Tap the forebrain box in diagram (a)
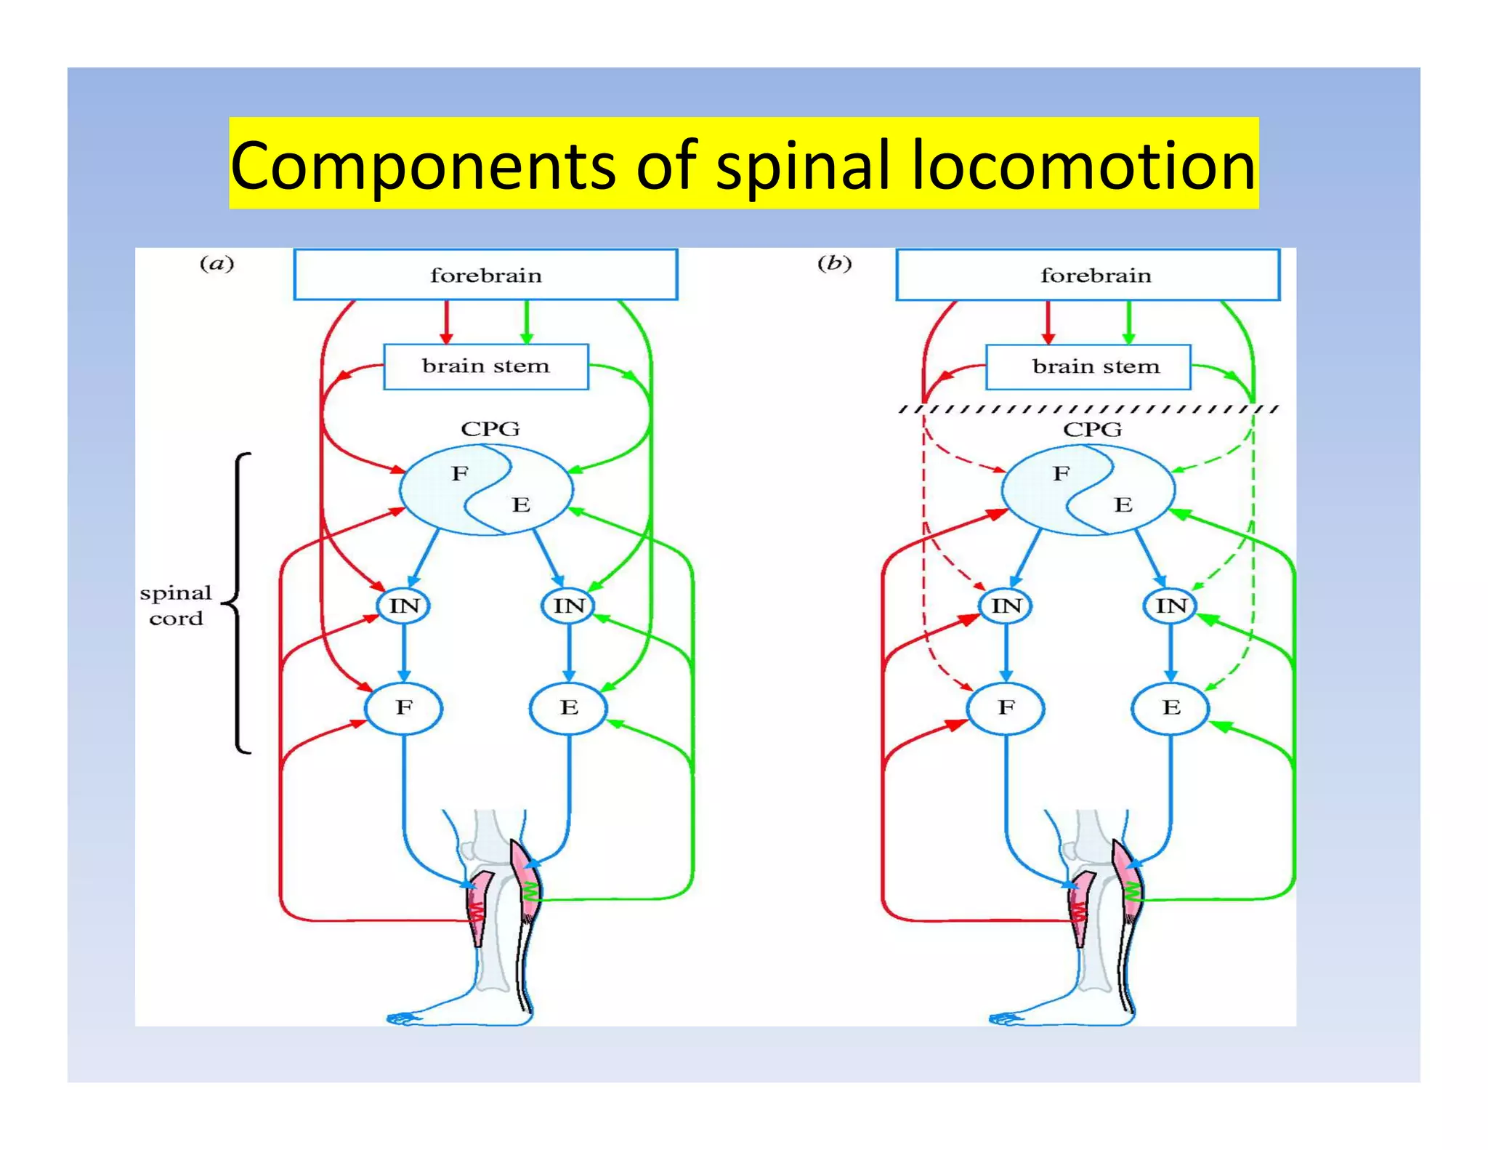click(x=485, y=275)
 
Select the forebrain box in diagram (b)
click(x=1088, y=275)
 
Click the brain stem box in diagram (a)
click(x=485, y=366)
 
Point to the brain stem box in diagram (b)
click(x=1088, y=366)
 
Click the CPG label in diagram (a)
click(x=490, y=429)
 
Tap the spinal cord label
click(x=176, y=606)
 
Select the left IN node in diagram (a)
click(x=404, y=606)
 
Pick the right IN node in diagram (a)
click(x=568, y=606)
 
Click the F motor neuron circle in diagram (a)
click(x=403, y=707)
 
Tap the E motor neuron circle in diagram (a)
click(x=568, y=707)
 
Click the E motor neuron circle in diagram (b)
click(x=1170, y=707)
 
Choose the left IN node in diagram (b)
click(x=1006, y=606)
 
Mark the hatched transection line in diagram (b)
click(x=1088, y=409)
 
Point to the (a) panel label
click(x=217, y=263)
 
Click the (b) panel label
click(x=834, y=263)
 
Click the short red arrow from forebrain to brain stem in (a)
click(x=447, y=321)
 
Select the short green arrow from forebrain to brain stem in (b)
click(x=1128, y=321)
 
